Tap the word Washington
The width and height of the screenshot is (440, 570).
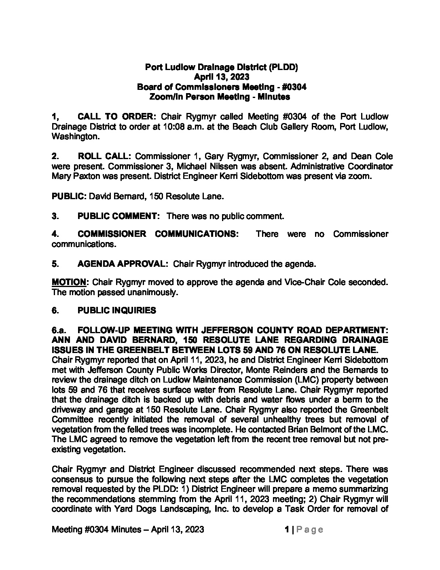75,137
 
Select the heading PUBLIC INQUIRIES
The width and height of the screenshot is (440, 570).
116,311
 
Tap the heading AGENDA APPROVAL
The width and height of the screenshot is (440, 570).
123,264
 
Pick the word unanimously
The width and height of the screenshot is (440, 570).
154,292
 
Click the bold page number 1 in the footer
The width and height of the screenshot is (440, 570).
286,530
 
